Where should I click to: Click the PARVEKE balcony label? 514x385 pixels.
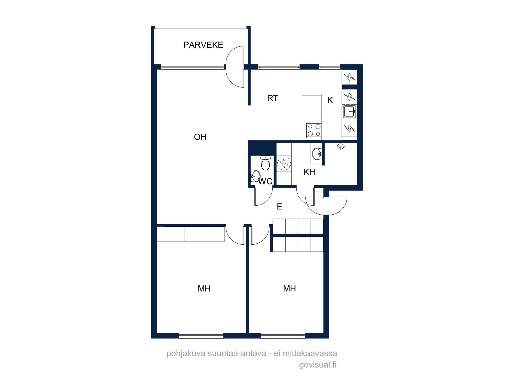point(203,45)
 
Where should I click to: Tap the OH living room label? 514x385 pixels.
point(200,137)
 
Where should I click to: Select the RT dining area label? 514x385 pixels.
point(272,98)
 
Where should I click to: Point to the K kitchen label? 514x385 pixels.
point(330,100)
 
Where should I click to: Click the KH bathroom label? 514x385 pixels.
point(309,172)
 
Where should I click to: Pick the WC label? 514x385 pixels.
point(265,181)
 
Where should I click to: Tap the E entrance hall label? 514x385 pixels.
point(280,207)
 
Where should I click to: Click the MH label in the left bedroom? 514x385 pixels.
point(204,288)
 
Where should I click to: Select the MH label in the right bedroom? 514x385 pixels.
point(289,288)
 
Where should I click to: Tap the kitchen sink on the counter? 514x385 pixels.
point(350,112)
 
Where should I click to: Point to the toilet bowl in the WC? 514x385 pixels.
point(265,163)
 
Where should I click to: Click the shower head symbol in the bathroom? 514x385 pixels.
point(341,147)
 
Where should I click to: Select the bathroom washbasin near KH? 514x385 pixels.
point(317,154)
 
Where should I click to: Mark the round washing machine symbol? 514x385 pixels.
point(284,163)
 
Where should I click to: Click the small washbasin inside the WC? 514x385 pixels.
point(255,176)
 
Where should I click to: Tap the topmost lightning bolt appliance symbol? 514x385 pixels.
point(350,77)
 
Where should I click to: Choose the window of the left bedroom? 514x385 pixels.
point(201,335)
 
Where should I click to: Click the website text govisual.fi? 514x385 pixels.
point(318,365)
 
